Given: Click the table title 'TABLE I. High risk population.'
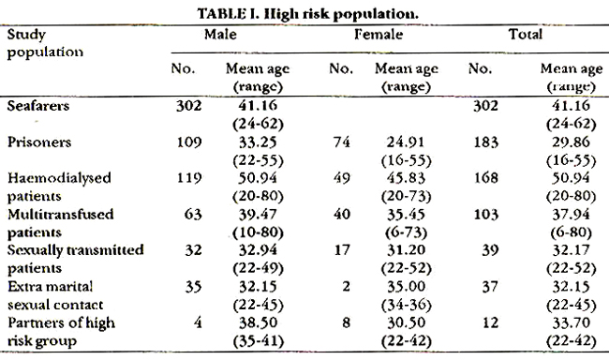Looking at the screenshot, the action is tap(307, 14).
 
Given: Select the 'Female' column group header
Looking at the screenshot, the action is tap(379, 34).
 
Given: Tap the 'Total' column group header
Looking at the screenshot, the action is tap(526, 34).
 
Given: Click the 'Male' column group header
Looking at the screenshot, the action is tap(220, 34).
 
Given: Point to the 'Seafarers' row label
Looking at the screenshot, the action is tap(38, 106).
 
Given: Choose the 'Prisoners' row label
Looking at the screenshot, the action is tap(39, 142).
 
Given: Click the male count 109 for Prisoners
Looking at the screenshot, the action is tap(189, 142).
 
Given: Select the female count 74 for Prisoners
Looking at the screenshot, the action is tap(342, 142).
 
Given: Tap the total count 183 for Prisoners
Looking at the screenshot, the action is tap(486, 142).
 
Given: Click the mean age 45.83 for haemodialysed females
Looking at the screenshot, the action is tap(406, 178).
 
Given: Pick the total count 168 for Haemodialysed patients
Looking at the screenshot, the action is tap(486, 178).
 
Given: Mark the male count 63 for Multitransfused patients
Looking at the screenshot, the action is tap(193, 214).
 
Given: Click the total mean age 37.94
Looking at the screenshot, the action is tap(571, 214).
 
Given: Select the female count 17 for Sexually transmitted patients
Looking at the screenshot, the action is tap(342, 250).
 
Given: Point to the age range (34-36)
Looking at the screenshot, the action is tap(407, 306).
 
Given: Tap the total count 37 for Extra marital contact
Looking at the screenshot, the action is tap(490, 287).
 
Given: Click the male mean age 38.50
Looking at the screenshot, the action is tap(258, 322).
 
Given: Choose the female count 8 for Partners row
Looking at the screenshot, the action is tap(346, 322).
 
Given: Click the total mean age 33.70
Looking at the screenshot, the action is tap(571, 322).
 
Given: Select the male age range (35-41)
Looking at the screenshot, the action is tap(259, 341).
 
